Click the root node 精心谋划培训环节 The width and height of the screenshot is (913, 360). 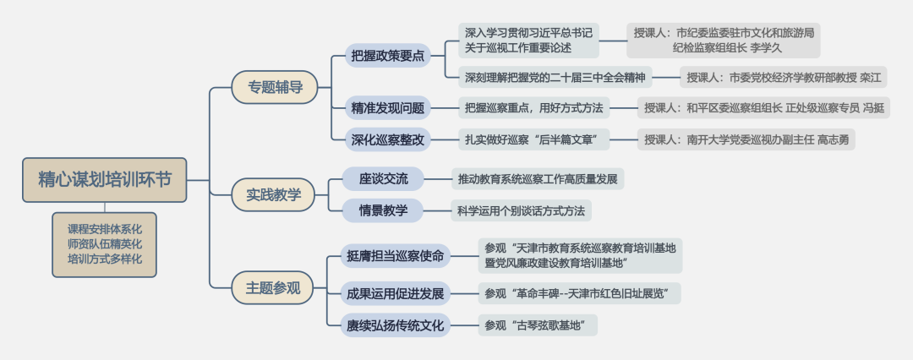tap(105, 179)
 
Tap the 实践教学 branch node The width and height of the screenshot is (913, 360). tap(273, 194)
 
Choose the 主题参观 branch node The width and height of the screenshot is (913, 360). tap(273, 287)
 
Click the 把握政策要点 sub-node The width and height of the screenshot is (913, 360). tap(388, 57)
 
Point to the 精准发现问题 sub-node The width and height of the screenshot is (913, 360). tap(388, 107)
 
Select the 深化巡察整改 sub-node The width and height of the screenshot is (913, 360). tap(388, 139)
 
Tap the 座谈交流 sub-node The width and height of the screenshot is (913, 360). tap(383, 178)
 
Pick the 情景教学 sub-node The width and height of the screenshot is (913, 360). tap(383, 210)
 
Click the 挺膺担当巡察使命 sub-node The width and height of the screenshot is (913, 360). tap(395, 255)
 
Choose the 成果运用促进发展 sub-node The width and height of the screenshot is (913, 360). tap(395, 294)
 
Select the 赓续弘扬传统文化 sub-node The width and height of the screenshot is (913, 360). tap(395, 325)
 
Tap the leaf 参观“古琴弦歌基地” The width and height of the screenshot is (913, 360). tap(536, 325)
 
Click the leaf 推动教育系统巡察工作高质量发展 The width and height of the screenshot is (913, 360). tap(538, 179)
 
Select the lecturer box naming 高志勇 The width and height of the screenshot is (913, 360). tap(746, 139)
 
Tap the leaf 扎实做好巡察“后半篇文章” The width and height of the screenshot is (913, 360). tap(537, 139)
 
